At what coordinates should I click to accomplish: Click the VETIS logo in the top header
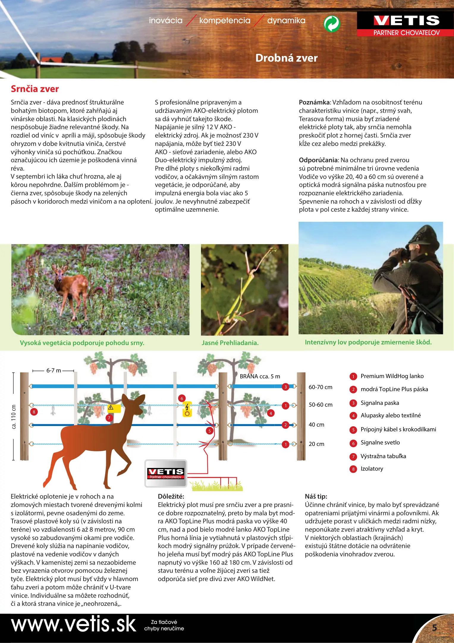point(406,24)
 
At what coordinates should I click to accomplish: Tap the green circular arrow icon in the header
point(332,24)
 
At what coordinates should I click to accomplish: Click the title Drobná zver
point(286,58)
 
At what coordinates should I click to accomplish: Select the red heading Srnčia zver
point(35,89)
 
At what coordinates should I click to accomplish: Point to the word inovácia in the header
point(166,21)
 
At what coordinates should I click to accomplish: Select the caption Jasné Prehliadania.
point(230,343)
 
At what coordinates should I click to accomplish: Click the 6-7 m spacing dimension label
point(54,371)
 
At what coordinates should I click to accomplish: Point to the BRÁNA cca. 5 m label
point(260,376)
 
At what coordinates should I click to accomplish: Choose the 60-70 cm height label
point(320,387)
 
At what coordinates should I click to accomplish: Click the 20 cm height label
point(316,444)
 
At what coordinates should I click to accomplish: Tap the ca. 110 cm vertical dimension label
point(14,417)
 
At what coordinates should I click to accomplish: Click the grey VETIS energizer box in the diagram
point(166,473)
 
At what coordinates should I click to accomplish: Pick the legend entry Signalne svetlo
point(380,443)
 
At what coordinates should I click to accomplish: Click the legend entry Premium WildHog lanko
point(392,376)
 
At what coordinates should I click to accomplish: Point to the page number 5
point(434,628)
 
